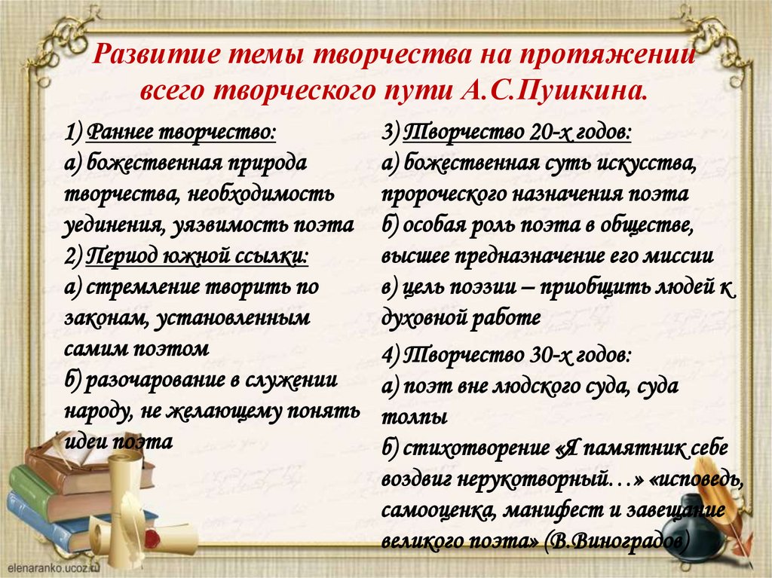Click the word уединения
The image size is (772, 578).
pos(110,224)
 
